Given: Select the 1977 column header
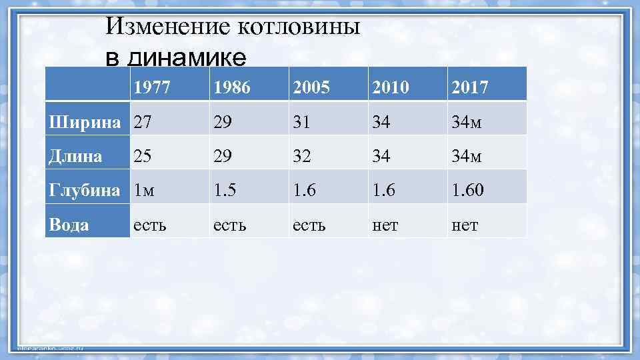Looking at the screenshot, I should [151, 87].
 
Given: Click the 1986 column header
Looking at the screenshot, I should [231, 87].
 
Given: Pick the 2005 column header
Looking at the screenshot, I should [311, 87].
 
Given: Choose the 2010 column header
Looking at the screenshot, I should [391, 87].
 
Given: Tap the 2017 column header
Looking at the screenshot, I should [470, 87].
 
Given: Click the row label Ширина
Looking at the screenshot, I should [86, 122].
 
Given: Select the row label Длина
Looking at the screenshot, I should [76, 156].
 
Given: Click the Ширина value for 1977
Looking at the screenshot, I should [142, 122].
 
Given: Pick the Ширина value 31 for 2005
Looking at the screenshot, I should [301, 122].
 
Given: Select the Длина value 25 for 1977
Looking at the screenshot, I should [142, 156].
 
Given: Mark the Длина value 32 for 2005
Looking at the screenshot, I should [302, 156].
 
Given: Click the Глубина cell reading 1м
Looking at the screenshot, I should [144, 191].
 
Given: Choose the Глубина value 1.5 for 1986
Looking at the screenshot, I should [225, 191].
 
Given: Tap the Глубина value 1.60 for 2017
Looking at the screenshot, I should [468, 191].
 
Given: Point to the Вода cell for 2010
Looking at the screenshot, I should [385, 225].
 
